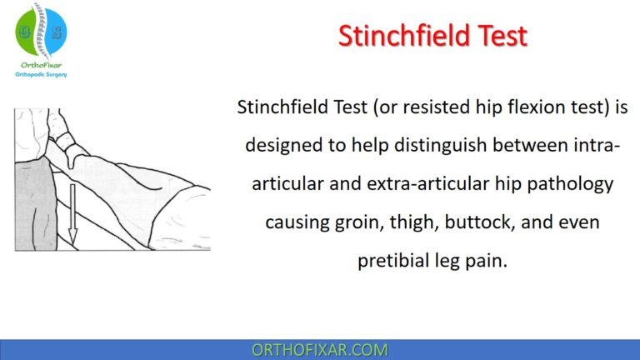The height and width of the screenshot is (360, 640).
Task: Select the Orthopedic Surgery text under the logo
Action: [41, 74]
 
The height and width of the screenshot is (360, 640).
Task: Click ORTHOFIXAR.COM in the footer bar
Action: [320, 349]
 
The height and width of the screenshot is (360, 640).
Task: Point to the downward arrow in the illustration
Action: [72, 214]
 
